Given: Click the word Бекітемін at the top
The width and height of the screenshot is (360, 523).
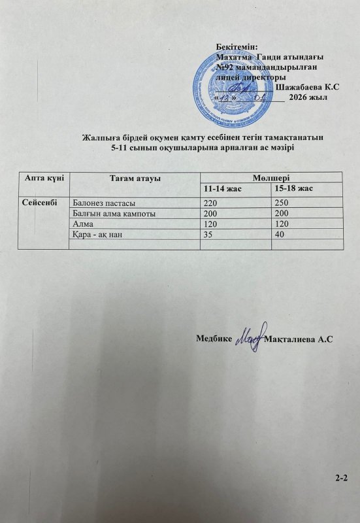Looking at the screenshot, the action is tap(237, 46).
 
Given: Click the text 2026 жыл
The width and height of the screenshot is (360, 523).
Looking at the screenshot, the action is tap(307, 97).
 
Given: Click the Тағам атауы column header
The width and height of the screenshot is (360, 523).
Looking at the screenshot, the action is tap(135, 178).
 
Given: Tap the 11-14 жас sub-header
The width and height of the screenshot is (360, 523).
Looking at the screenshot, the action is tap(222, 188).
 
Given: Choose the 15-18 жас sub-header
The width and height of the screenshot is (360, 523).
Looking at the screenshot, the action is tap(293, 188).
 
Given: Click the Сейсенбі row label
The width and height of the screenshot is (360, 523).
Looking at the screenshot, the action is tap(41, 203).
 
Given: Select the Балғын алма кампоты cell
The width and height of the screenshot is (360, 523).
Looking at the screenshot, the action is tap(116, 213).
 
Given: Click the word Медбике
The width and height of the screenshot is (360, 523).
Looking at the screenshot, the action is tap(214, 339).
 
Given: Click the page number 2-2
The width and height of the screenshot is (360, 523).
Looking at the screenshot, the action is tap(340, 479).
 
